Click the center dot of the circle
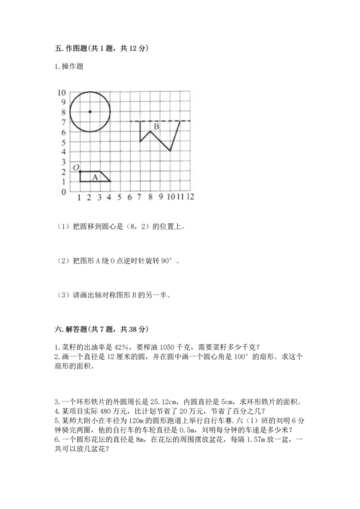89,112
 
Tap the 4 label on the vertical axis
64,152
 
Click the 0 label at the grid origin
64,192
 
